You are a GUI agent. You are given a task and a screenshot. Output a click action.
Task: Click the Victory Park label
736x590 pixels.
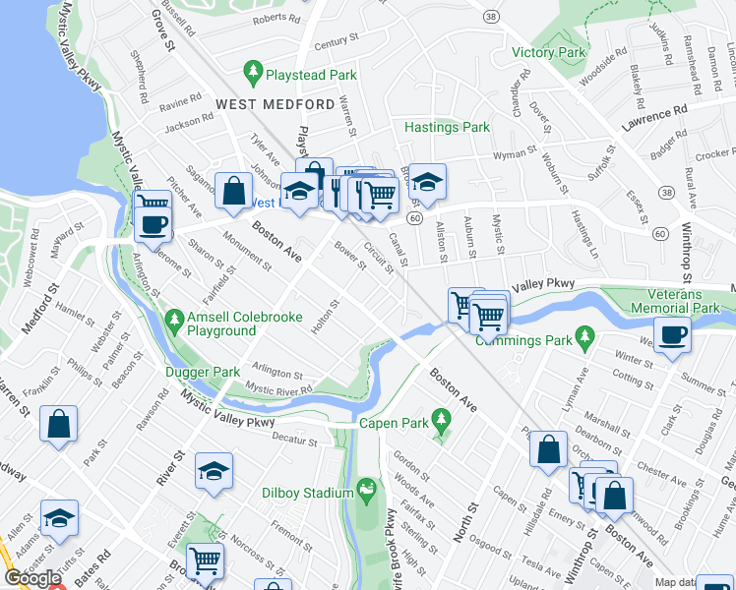click(x=548, y=52)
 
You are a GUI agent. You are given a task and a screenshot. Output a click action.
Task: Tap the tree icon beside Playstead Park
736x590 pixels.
click(x=254, y=72)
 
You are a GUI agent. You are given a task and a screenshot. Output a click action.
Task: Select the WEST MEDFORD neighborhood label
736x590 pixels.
click(x=275, y=104)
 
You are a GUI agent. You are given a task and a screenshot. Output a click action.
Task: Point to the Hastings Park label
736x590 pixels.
click(x=447, y=127)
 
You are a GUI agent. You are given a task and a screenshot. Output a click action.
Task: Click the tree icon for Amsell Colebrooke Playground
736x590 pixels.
click(x=174, y=319)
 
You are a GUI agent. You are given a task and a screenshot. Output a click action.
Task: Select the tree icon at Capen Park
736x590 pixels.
click(x=441, y=417)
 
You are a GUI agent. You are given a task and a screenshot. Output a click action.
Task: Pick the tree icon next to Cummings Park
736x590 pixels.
click(x=585, y=337)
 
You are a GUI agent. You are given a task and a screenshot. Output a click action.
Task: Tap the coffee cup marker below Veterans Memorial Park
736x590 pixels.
click(x=672, y=334)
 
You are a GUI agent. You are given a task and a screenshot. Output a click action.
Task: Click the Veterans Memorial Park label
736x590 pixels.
click(x=688, y=301)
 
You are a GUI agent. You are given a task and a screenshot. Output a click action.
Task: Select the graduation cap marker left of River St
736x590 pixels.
click(x=214, y=471)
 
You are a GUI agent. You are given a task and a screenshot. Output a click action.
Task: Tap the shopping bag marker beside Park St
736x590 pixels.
click(x=59, y=424)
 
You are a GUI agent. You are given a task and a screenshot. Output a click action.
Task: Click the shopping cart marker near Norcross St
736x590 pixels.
click(x=205, y=560)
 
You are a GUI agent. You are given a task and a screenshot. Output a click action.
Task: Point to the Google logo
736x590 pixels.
click(x=32, y=578)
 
